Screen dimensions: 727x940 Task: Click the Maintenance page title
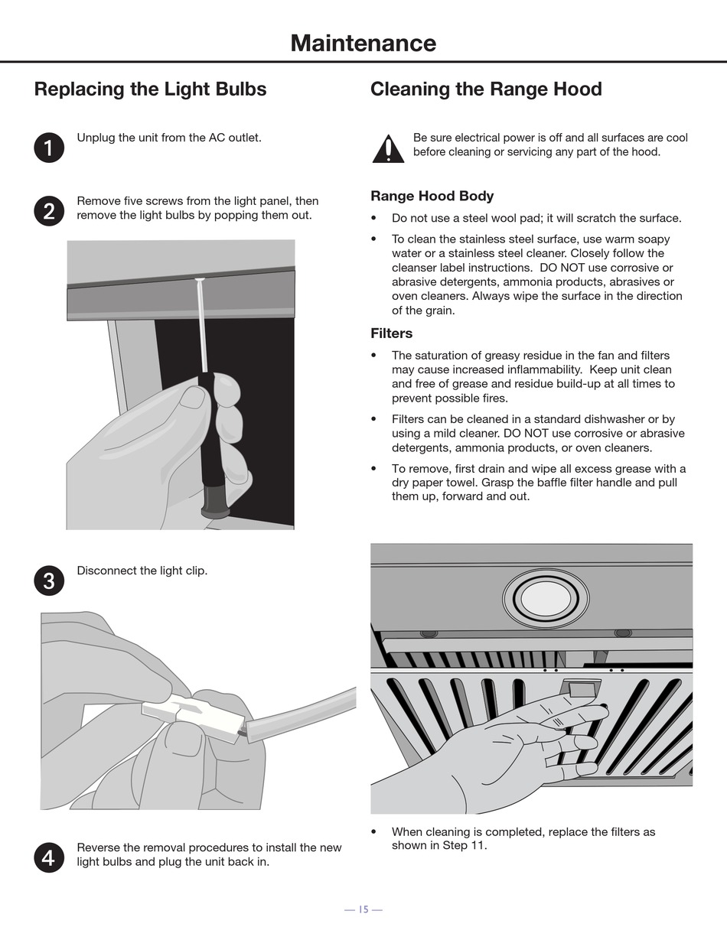(363, 44)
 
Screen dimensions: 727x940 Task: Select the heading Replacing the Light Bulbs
(150, 89)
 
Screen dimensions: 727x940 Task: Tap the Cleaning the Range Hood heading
(486, 89)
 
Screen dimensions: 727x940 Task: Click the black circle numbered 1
(49, 148)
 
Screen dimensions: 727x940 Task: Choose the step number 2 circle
(49, 211)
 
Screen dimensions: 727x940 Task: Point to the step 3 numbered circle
(49, 581)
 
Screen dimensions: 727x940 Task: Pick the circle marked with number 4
(49, 857)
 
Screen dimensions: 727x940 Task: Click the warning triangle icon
(388, 149)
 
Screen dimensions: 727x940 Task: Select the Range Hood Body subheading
(432, 196)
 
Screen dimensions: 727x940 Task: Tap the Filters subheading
(392, 333)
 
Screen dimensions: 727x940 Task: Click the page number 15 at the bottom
(363, 909)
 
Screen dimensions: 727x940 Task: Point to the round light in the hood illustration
(546, 598)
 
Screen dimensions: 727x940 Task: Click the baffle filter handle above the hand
(581, 688)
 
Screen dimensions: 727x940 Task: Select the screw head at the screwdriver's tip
(199, 280)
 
